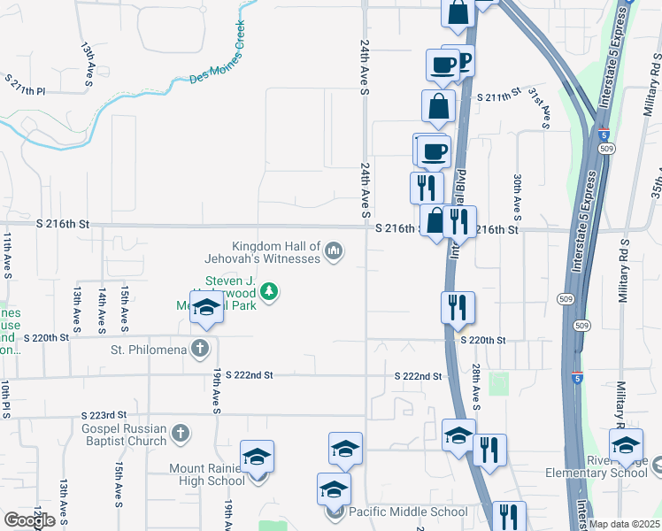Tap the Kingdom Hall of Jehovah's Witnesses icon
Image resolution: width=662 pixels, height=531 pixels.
[334, 252]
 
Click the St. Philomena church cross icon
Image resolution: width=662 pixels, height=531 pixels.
[201, 349]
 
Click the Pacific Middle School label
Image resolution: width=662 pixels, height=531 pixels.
[408, 512]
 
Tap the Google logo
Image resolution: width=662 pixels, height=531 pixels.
[30, 519]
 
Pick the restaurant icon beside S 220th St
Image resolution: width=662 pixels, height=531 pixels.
[458, 307]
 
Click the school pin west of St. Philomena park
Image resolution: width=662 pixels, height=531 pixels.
[206, 307]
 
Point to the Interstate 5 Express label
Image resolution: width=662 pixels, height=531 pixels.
[616, 58]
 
